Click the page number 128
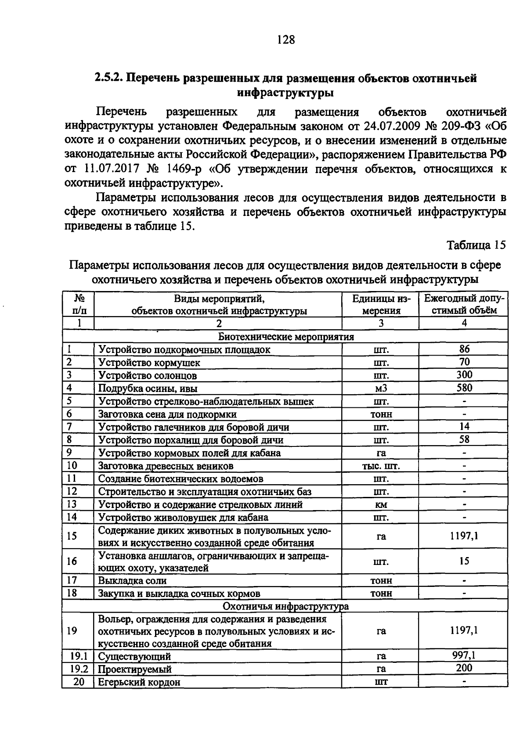coord(286,40)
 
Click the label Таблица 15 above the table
coord(476,245)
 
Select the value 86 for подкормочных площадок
coord(464,349)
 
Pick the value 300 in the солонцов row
coord(464,375)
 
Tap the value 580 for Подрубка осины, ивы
coord(464,388)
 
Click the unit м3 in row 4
coord(381,388)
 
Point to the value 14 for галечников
coord(464,426)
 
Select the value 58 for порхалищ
coord(464,439)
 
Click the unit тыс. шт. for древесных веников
coord(381,466)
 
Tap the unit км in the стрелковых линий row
coord(381,505)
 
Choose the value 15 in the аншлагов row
coord(464,561)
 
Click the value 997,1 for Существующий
coord(464,655)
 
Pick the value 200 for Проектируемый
coord(464,668)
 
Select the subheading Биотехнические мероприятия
coord(286,337)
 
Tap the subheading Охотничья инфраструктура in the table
coord(286,606)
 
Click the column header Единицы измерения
coord(381,304)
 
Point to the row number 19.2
coord(79,669)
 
